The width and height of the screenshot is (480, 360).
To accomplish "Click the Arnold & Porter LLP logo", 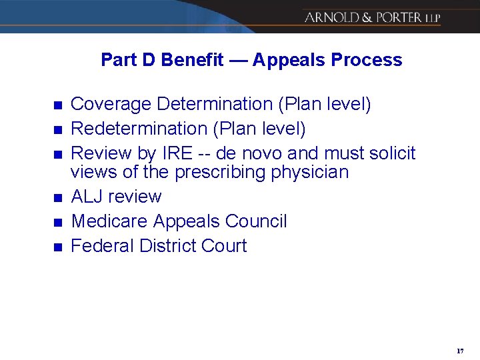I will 372,17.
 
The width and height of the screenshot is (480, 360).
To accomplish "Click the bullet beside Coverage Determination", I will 57,105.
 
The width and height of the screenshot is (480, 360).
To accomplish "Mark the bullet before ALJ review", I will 57,198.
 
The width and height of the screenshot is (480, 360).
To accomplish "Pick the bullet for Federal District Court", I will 57,247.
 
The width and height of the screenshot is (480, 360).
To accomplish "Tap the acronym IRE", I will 177,153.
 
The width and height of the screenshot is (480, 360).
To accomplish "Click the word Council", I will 257,221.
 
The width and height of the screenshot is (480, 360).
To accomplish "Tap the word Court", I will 223,246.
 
